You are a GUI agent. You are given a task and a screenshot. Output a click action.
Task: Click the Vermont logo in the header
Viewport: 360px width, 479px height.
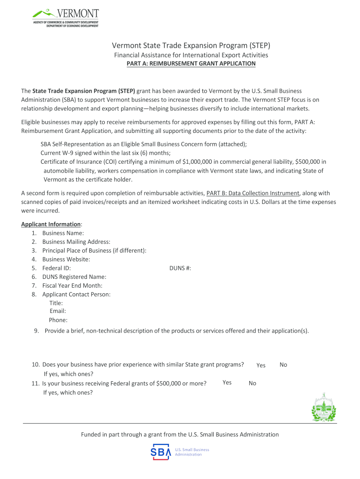coord(65,18)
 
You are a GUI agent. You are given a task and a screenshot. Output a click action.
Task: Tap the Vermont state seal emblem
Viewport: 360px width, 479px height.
coord(324,407)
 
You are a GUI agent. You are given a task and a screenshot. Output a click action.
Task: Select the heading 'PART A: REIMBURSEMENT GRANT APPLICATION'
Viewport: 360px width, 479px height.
coord(191,63)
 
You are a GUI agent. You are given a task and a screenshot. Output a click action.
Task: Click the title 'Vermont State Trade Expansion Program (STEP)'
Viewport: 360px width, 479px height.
coord(191,46)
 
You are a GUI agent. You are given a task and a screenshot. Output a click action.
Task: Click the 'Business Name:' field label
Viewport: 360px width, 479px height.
coord(63,233)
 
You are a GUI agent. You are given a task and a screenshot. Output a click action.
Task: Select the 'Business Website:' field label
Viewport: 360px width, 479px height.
coord(66,259)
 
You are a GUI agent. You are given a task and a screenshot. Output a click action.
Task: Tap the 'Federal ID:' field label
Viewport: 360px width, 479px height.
coord(57,268)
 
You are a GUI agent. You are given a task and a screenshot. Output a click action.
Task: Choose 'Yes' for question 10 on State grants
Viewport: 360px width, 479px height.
coord(261,365)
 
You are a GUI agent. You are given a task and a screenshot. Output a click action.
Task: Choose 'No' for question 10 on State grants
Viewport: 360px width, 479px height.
coord(283,364)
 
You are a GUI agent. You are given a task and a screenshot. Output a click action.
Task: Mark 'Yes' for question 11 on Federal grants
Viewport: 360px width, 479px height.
coord(227,383)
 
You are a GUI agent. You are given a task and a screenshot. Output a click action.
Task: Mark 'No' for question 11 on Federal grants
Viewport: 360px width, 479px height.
coord(252,383)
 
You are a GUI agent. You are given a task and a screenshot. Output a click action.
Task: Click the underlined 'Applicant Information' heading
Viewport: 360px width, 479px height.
coord(51,224)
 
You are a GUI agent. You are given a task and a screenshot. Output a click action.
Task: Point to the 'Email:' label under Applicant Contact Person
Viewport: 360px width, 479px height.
coord(58,311)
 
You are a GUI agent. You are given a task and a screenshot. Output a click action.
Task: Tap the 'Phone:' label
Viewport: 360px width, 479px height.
coord(58,320)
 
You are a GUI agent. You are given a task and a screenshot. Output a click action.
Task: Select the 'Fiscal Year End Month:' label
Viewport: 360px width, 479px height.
coord(72,285)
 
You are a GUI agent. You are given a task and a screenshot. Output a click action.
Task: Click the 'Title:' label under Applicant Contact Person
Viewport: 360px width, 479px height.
coord(56,303)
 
